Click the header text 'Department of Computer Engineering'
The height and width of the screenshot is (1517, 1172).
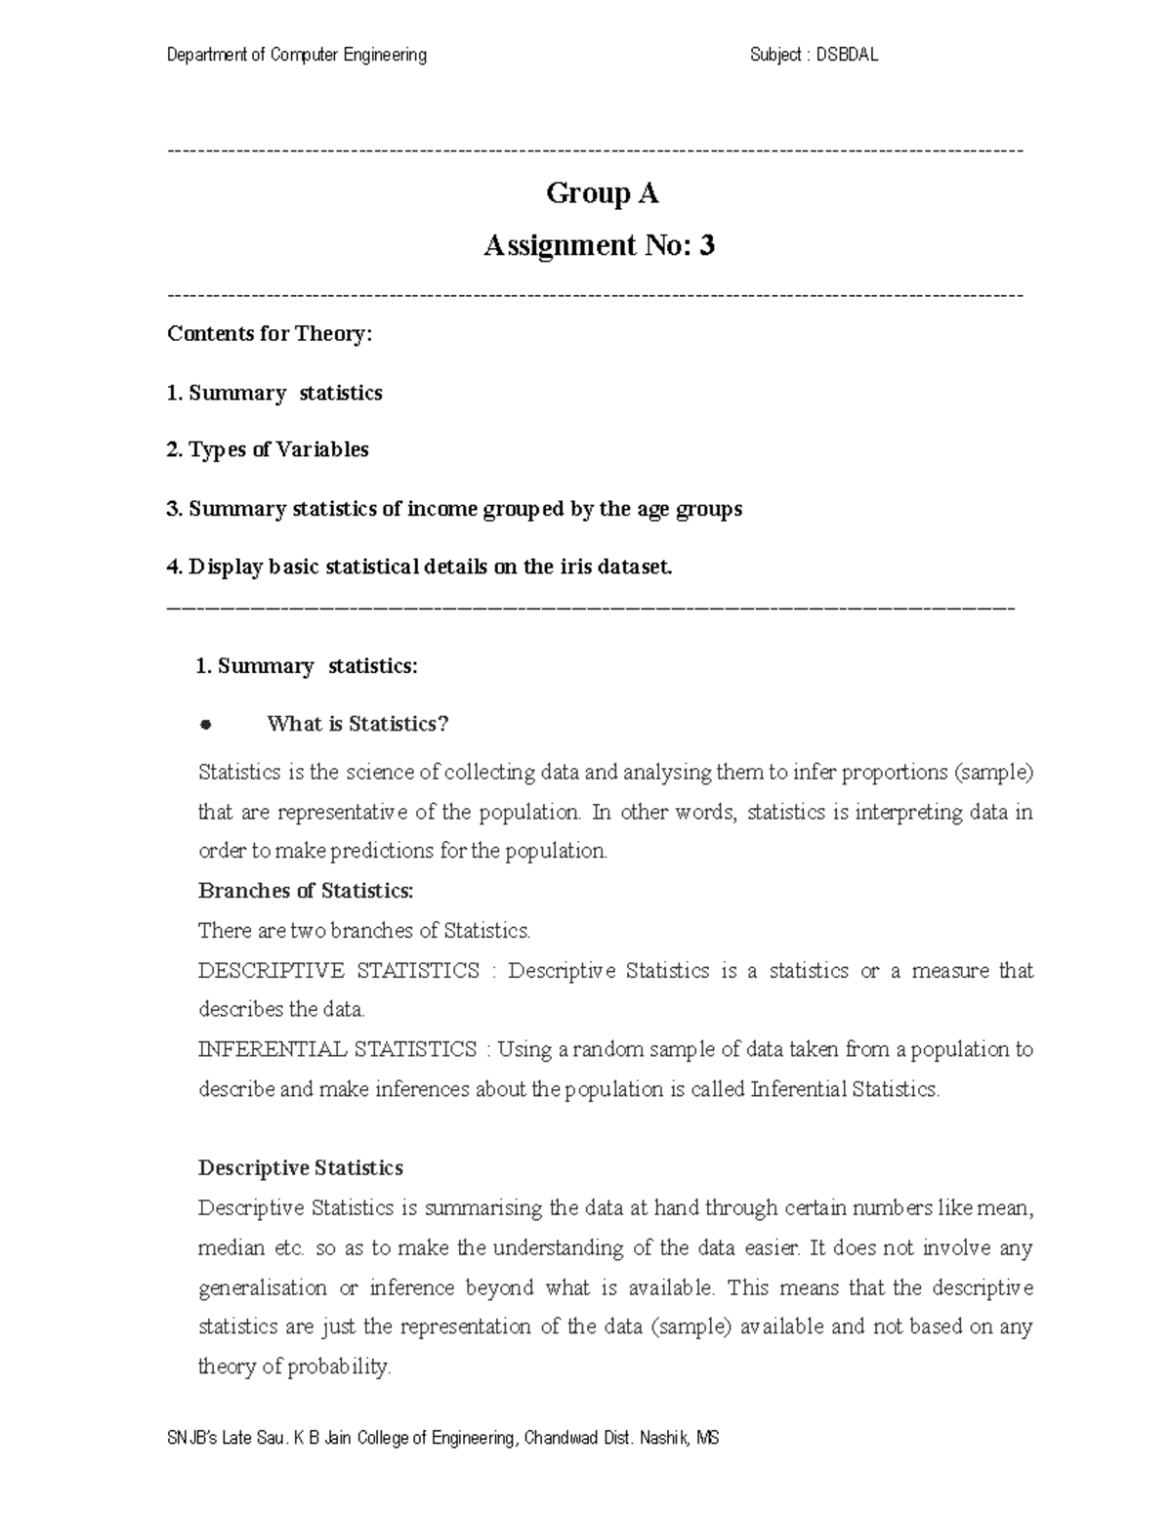[297, 56]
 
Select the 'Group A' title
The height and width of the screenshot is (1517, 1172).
[602, 193]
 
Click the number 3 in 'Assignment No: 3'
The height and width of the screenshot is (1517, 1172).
[706, 246]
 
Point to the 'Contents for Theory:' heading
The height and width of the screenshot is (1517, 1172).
[270, 334]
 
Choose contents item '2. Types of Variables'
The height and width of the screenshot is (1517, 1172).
[268, 450]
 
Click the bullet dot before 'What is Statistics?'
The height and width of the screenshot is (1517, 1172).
[205, 725]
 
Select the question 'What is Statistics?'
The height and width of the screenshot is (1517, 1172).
[357, 725]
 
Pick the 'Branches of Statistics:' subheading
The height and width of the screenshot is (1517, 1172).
[306, 891]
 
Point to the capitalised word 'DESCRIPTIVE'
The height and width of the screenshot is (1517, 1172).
[271, 971]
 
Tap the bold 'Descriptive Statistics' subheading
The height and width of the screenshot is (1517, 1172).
[300, 1168]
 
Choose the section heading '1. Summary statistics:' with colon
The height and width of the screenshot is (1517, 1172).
[307, 666]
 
